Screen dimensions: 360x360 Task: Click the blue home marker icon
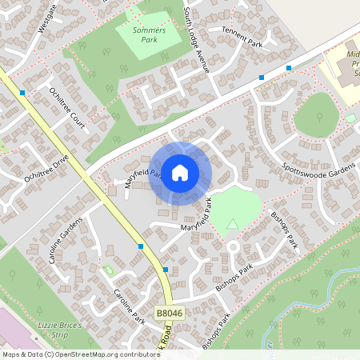click(x=180, y=172)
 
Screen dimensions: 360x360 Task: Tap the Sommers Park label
click(x=142, y=34)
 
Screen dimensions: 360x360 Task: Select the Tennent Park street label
click(x=242, y=35)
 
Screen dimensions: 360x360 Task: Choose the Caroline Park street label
click(x=127, y=305)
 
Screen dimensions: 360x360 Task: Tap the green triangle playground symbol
click(x=232, y=224)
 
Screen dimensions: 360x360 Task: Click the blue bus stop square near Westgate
click(x=22, y=93)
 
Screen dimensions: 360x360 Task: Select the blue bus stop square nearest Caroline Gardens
click(x=141, y=246)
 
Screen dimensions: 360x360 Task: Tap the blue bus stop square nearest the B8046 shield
click(x=166, y=270)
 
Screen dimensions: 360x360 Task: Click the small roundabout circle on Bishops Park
click(x=234, y=247)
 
